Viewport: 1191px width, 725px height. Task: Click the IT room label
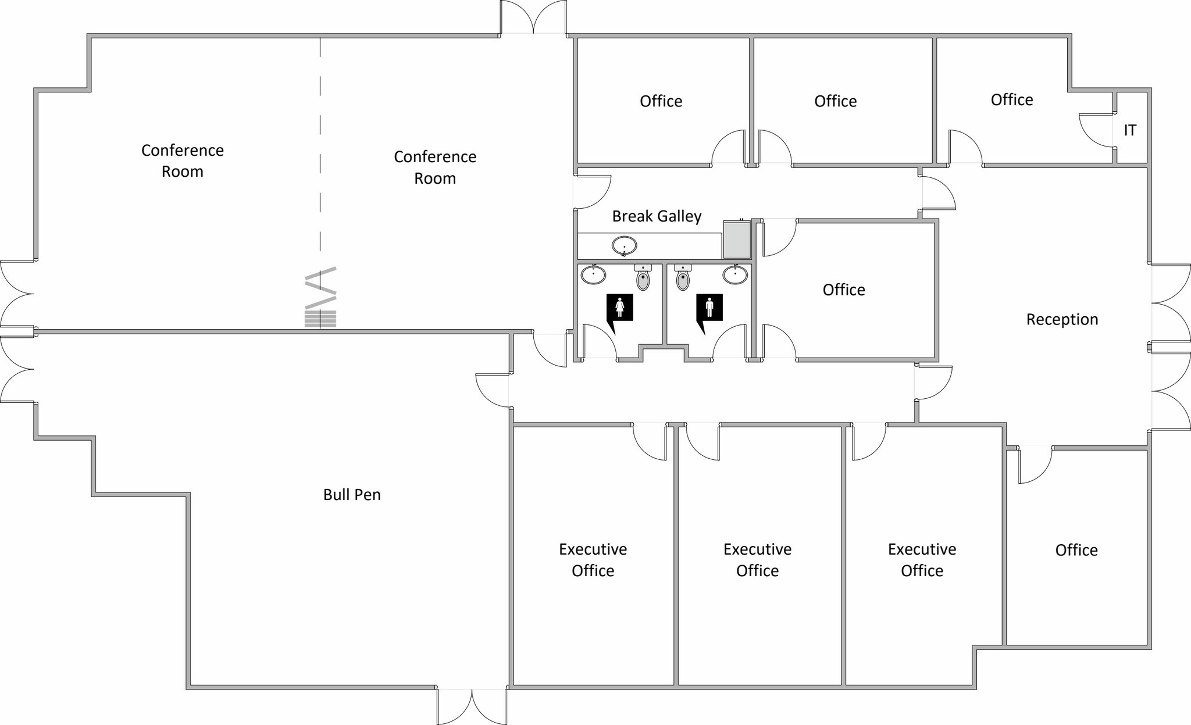[x=1129, y=130]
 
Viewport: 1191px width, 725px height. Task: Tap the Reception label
[x=1062, y=319]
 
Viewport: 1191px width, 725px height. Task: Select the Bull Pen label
[x=352, y=495]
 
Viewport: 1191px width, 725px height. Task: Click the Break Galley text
[x=657, y=216]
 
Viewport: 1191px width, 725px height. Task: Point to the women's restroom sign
[x=619, y=308]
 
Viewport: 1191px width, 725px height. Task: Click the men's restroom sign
[x=709, y=308]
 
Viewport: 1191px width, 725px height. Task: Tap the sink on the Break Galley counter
[x=624, y=246]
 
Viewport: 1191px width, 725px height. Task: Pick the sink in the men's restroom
[x=735, y=274]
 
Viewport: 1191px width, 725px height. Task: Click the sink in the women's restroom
[x=593, y=274]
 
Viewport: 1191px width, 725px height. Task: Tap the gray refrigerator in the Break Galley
[x=736, y=240]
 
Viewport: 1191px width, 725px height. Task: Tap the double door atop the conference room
[x=533, y=17]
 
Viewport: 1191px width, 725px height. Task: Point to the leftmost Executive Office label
[x=593, y=560]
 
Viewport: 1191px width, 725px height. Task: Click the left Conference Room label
[x=183, y=161]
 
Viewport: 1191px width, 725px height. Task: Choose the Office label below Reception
[x=1076, y=550]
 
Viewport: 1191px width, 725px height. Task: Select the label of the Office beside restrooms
[x=843, y=290]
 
